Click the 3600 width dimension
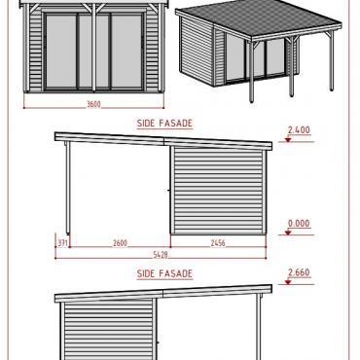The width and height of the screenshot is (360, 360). click(x=93, y=104)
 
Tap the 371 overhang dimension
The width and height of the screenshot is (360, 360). click(x=63, y=242)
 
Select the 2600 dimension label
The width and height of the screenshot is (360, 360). click(x=120, y=242)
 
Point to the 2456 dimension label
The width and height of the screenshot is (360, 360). click(x=218, y=242)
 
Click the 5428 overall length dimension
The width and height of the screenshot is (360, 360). click(x=161, y=254)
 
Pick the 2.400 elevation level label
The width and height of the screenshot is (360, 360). click(x=299, y=130)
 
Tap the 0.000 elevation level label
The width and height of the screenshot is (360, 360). click(x=299, y=224)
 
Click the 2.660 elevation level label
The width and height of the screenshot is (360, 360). click(x=299, y=272)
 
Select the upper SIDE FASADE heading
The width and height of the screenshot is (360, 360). click(x=164, y=124)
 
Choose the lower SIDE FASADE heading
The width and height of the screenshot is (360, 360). click(x=164, y=273)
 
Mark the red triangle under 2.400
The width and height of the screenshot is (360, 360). click(x=288, y=140)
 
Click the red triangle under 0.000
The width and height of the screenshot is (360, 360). click(x=288, y=233)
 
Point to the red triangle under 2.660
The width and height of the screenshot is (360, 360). click(x=288, y=282)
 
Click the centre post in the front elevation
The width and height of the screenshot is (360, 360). click(x=93, y=49)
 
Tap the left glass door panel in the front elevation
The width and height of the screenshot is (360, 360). click(x=61, y=52)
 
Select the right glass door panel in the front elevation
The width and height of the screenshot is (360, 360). click(x=126, y=52)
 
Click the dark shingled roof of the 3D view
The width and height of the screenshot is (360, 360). click(x=256, y=18)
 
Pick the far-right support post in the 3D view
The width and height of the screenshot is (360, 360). click(x=332, y=60)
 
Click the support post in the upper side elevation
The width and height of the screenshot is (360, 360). click(x=68, y=188)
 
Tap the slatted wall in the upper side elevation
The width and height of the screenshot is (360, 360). click(x=218, y=191)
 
